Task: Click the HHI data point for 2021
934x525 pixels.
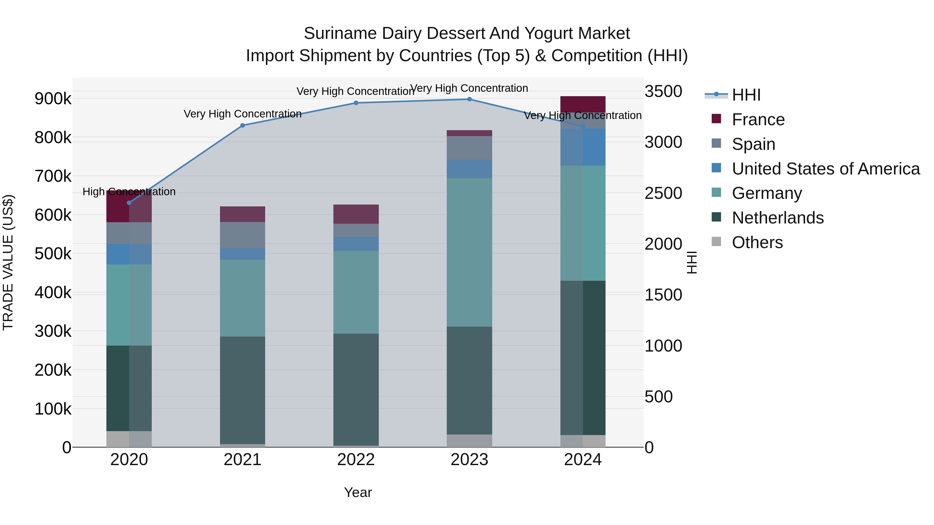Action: [x=243, y=125]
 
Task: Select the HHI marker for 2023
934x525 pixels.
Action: [x=469, y=99]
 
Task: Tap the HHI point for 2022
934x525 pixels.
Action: [x=356, y=103]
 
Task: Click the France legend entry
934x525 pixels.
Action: [x=758, y=120]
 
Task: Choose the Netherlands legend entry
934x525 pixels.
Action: [x=777, y=218]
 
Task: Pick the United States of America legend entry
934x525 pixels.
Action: [x=826, y=169]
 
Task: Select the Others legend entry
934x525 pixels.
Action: [x=757, y=242]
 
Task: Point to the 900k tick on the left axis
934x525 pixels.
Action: [x=53, y=99]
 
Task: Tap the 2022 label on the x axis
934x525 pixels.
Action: [x=356, y=460]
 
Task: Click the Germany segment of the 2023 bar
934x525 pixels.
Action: [x=469, y=252]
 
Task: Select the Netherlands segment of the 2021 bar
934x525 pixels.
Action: [x=243, y=390]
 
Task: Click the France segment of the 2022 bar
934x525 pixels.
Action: [x=356, y=214]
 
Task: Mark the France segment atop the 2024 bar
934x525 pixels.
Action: [x=583, y=104]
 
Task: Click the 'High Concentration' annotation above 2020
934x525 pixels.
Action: [x=129, y=192]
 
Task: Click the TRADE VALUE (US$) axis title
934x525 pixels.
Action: [x=8, y=262]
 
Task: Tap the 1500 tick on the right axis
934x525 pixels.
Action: [x=663, y=295]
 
